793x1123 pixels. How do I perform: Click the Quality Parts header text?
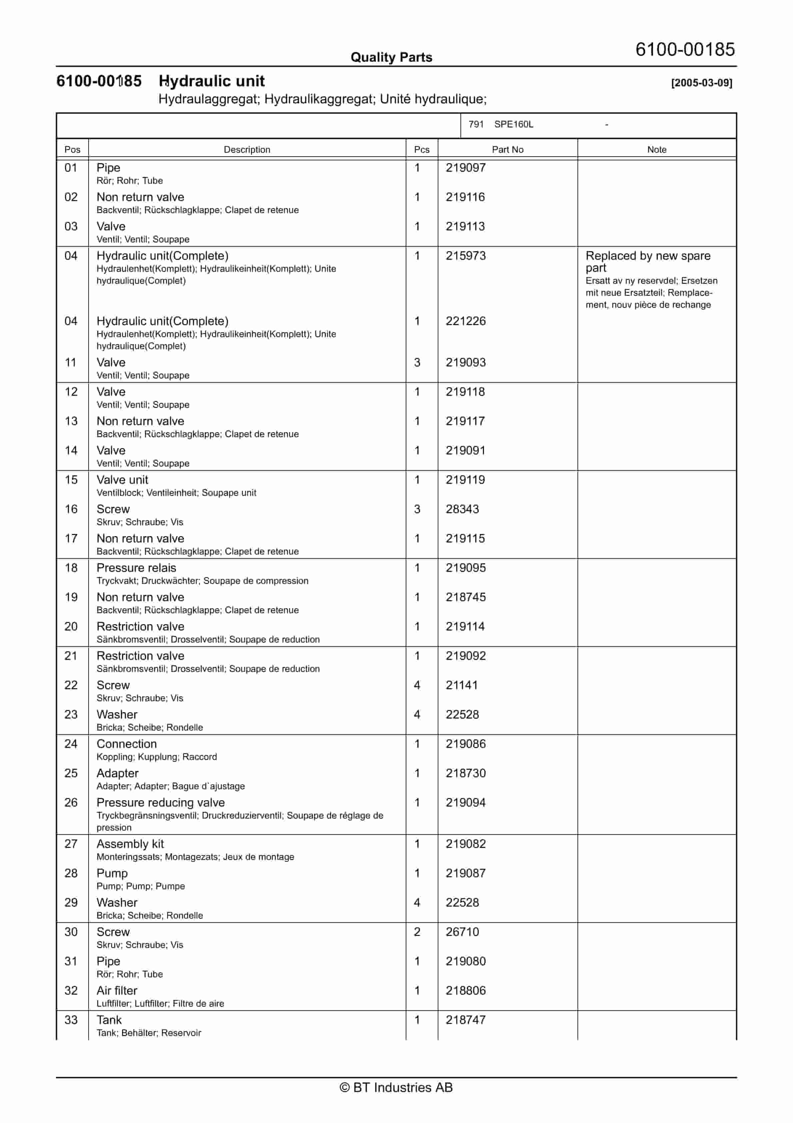(391, 57)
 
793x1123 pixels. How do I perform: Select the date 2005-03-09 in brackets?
(702, 83)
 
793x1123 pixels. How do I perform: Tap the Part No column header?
(507, 150)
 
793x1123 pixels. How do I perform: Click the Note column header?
(657, 150)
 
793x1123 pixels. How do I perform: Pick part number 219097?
(465, 168)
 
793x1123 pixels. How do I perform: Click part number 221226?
(465, 321)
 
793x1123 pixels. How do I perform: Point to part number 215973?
(465, 256)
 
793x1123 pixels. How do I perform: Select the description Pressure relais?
(136, 568)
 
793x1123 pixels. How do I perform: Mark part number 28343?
(462, 509)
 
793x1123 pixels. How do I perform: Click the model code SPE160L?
(513, 124)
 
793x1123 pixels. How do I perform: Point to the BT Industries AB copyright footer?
(396, 1087)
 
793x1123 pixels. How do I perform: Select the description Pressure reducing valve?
(160, 803)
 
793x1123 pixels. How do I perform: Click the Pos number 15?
(71, 480)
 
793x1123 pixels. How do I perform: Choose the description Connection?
(127, 744)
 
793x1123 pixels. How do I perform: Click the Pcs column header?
(421, 150)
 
